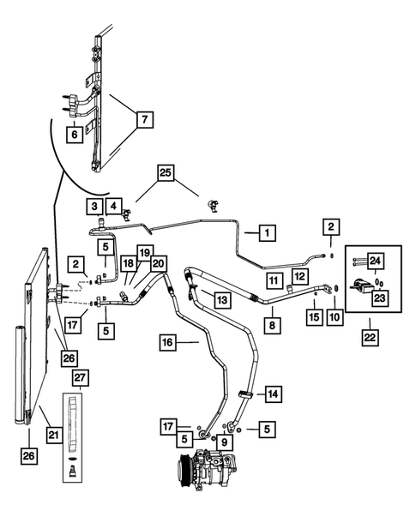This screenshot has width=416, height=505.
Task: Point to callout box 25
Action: click(166, 173)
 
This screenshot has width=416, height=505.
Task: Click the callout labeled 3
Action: click(92, 206)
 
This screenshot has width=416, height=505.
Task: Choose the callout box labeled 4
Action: click(112, 206)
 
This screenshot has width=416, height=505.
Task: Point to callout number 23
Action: click(378, 297)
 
